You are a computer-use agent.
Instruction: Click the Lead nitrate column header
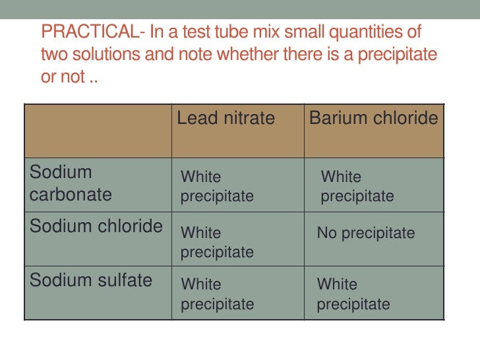(225, 119)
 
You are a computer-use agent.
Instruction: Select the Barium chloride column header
(373, 119)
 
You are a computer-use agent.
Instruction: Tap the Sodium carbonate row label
(71, 183)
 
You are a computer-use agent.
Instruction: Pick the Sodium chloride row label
(96, 226)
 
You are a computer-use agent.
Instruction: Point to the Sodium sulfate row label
(91, 280)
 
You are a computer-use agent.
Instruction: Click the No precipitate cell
(366, 233)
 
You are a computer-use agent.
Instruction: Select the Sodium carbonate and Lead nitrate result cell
(217, 187)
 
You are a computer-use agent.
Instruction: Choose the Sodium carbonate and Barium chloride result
(357, 187)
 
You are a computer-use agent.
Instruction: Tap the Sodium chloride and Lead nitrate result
(217, 243)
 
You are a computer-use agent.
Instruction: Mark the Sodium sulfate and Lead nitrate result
(217, 294)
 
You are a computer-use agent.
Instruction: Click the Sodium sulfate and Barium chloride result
(353, 294)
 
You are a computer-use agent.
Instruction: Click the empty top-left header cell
(98, 131)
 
